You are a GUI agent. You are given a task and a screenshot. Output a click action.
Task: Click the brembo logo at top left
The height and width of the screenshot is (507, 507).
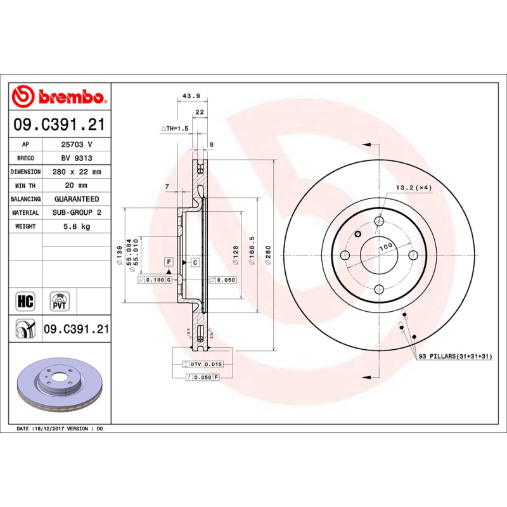click(x=59, y=96)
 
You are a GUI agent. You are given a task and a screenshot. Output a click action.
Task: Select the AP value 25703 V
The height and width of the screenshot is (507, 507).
click(x=76, y=144)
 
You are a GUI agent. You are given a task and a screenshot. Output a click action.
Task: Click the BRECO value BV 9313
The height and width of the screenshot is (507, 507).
click(x=76, y=158)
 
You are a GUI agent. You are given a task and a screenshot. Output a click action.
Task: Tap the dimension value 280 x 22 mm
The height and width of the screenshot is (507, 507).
click(x=76, y=172)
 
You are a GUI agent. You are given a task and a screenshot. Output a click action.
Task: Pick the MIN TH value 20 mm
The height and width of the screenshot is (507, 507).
click(x=76, y=185)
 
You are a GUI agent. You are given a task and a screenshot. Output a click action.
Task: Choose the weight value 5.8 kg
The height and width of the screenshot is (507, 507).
click(x=76, y=226)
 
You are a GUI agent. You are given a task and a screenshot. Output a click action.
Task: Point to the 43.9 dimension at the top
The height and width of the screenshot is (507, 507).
click(x=191, y=96)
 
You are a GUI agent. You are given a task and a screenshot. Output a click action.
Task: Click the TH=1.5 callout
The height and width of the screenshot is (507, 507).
click(x=176, y=129)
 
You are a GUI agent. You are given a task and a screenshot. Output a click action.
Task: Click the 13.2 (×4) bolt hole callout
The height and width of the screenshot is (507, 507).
click(x=413, y=188)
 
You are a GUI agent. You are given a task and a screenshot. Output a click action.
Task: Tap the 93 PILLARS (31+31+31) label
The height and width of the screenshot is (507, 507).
click(x=455, y=357)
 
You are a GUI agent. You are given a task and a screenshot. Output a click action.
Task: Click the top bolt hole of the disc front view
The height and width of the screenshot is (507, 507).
click(x=379, y=221)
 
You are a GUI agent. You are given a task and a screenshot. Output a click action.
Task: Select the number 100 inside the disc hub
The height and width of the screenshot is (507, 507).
click(x=385, y=247)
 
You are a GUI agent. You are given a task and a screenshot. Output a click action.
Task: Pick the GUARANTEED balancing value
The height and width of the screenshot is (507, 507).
click(x=76, y=199)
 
